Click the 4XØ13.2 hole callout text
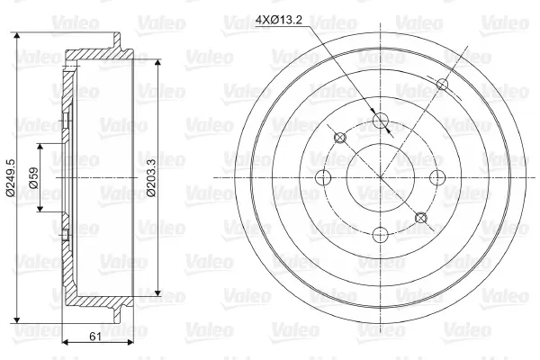click(279, 20)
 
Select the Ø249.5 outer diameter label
click(11, 177)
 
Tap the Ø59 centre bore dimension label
click(33, 177)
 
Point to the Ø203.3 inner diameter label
click(151, 177)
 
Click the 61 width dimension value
click(95, 337)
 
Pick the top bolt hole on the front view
click(380, 120)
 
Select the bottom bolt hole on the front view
click(380, 235)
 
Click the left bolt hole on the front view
click(323, 177)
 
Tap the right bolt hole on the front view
click(437, 177)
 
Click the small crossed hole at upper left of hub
click(340, 138)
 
